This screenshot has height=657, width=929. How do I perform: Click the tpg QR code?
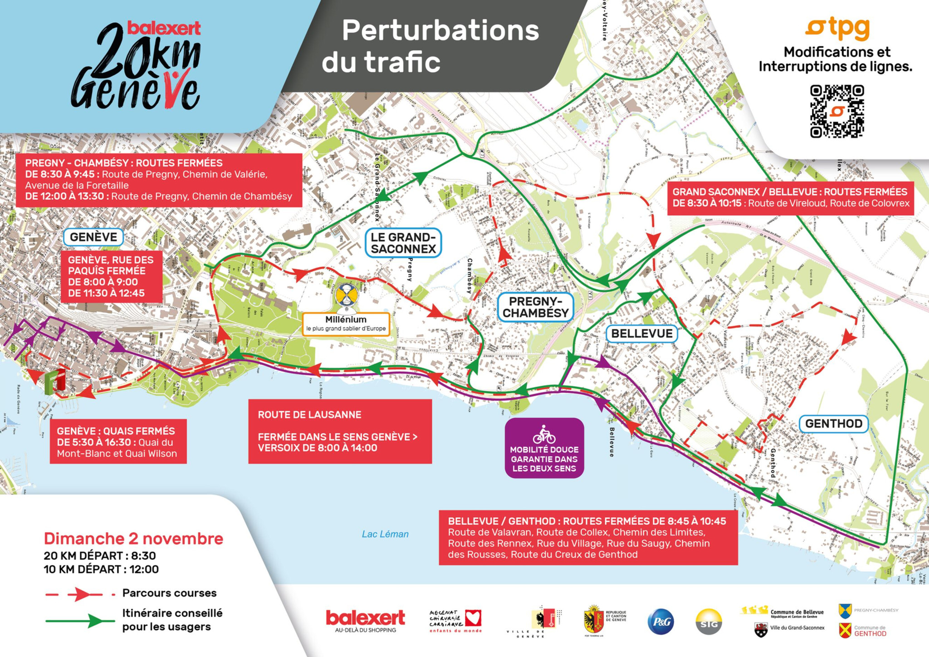click(836, 111)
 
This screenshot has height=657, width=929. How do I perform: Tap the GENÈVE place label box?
click(93, 237)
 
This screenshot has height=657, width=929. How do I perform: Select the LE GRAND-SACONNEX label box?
click(403, 243)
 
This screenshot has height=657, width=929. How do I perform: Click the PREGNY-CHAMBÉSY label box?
click(535, 307)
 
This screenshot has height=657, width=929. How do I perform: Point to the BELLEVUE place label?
click(641, 333)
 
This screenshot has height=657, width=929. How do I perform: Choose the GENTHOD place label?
click(833, 423)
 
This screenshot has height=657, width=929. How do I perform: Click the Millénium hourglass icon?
click(347, 296)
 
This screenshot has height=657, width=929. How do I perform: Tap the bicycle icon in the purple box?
click(544, 435)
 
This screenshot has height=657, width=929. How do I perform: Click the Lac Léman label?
click(385, 534)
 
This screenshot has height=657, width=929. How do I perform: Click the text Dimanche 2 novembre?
click(133, 539)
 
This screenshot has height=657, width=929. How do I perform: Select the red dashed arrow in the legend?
click(81, 594)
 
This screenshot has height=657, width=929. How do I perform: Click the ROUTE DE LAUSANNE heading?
click(309, 415)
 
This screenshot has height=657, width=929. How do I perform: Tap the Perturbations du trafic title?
click(431, 45)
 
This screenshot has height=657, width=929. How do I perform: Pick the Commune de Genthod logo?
click(845, 630)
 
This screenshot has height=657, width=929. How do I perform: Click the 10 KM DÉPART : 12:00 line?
click(101, 569)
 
